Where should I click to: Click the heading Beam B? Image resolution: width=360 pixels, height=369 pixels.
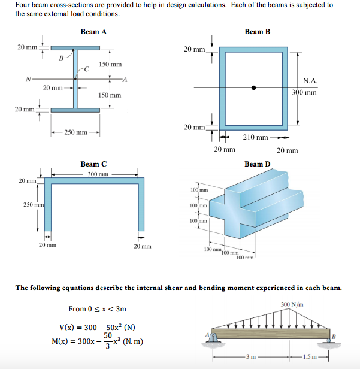[257, 31]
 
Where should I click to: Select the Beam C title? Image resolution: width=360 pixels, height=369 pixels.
[93, 164]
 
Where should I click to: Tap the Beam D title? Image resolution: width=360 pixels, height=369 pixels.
[257, 164]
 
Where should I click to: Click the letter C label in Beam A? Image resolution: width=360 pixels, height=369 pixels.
[86, 69]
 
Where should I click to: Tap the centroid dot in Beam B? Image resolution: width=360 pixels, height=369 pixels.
[254, 87]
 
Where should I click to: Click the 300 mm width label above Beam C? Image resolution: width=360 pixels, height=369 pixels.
[98, 174]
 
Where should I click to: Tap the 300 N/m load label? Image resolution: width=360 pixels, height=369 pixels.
[292, 304]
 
